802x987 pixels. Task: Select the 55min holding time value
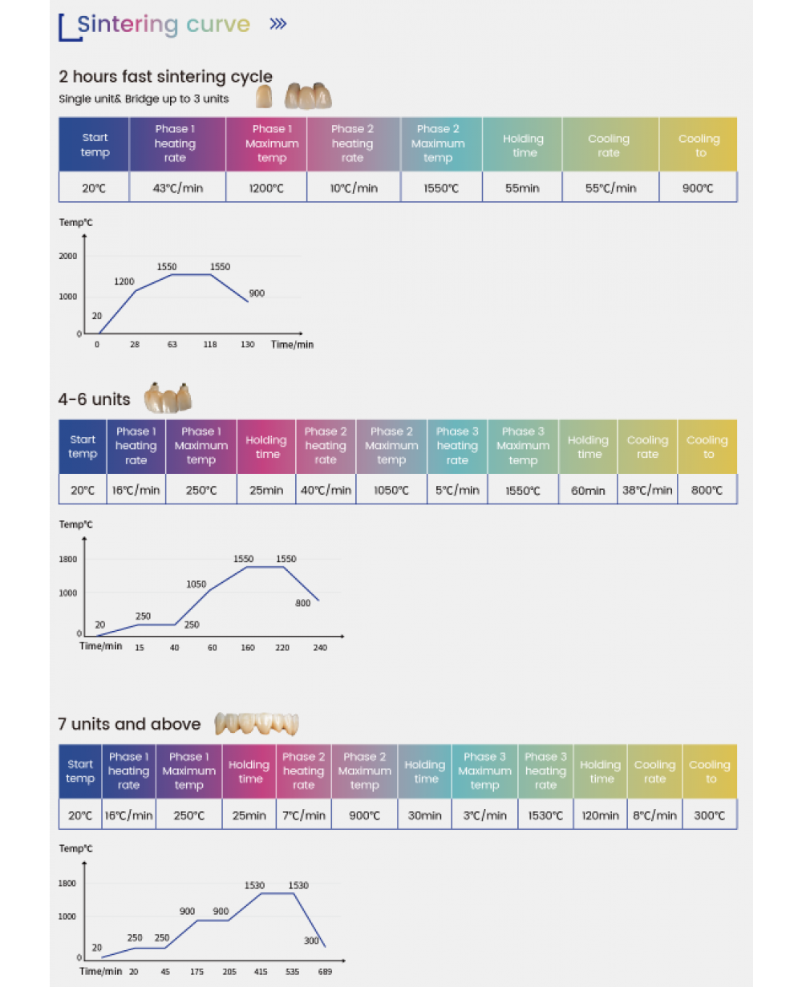point(522,188)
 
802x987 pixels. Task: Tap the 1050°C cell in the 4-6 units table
point(391,490)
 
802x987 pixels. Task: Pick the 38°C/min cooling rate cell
point(647,490)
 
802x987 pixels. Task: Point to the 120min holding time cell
point(601,815)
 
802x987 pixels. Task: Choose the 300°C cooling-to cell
point(710,815)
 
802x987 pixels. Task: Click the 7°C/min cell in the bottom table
point(304,815)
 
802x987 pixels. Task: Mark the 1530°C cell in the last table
point(545,815)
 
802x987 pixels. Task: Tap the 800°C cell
point(707,490)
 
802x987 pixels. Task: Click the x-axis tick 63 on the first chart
point(172,345)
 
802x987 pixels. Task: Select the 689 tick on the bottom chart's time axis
point(324,971)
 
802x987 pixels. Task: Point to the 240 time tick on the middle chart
point(320,647)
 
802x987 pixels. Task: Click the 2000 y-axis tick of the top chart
point(68,256)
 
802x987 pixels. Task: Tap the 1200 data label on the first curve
point(124,281)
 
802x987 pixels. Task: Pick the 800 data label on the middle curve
point(302,603)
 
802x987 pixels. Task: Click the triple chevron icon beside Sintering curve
point(278,24)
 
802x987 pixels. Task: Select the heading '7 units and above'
point(129,724)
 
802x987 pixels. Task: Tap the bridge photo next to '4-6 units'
point(168,397)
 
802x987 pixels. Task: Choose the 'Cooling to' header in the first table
point(699,145)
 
